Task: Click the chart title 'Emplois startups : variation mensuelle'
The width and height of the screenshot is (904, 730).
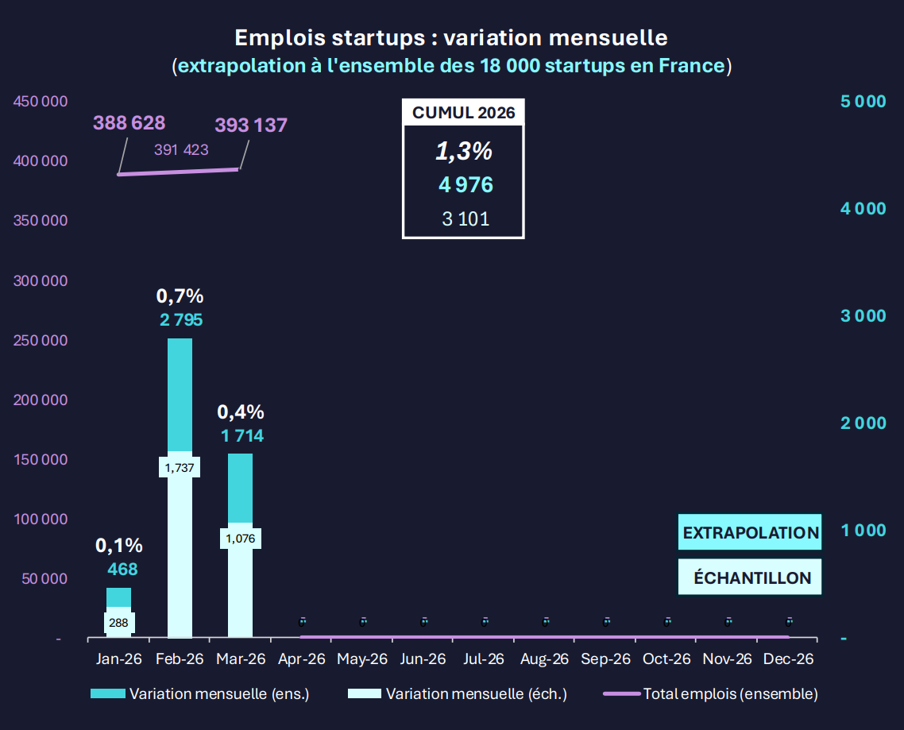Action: click(451, 37)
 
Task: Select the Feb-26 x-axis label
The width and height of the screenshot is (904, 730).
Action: click(180, 659)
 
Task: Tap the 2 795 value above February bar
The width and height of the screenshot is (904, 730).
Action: click(180, 320)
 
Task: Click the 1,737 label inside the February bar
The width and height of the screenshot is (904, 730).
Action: click(180, 468)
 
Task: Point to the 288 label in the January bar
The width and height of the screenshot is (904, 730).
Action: click(118, 623)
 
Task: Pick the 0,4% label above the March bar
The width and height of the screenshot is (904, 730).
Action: click(241, 412)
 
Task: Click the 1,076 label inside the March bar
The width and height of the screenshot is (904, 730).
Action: click(241, 539)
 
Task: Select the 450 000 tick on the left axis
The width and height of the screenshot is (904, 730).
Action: click(40, 102)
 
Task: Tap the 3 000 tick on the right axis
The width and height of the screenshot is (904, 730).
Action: click(863, 315)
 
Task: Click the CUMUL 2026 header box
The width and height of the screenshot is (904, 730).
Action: click(463, 113)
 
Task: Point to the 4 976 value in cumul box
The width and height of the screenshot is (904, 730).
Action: click(466, 185)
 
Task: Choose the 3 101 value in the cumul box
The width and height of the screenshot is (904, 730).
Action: click(466, 219)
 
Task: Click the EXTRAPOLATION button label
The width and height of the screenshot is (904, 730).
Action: click(750, 533)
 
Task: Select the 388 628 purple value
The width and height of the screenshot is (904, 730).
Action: click(129, 123)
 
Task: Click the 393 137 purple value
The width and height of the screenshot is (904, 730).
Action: click(251, 125)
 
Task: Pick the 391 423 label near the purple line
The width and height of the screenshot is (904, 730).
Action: click(181, 149)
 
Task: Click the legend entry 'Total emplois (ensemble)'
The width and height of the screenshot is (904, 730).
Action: click(730, 693)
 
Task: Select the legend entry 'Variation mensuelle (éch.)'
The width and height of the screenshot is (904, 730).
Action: click(476, 693)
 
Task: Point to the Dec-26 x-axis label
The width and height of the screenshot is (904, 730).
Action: click(788, 659)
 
